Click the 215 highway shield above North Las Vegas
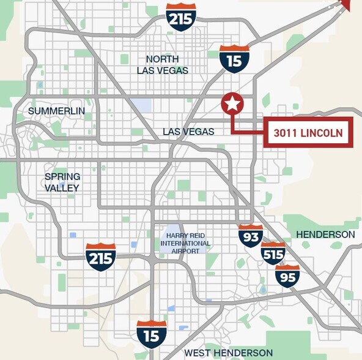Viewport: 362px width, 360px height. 181,18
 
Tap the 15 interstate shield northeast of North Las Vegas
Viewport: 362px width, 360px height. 235,59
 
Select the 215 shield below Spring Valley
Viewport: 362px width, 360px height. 101,257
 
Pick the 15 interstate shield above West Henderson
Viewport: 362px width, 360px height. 152,334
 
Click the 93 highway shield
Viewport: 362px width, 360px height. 251,236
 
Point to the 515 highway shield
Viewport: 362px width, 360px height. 273,253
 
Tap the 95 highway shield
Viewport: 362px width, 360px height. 287,276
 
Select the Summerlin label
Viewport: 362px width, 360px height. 51,111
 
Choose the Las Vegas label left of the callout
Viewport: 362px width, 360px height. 188,132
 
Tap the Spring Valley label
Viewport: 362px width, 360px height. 62,182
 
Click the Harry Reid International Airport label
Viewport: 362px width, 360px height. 185,243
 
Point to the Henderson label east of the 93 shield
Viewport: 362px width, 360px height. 325,234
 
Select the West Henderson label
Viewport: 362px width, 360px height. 228,353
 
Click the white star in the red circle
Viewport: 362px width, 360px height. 232,103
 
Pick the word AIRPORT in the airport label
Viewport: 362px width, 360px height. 185,251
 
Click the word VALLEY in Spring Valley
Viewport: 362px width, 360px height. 62,187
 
